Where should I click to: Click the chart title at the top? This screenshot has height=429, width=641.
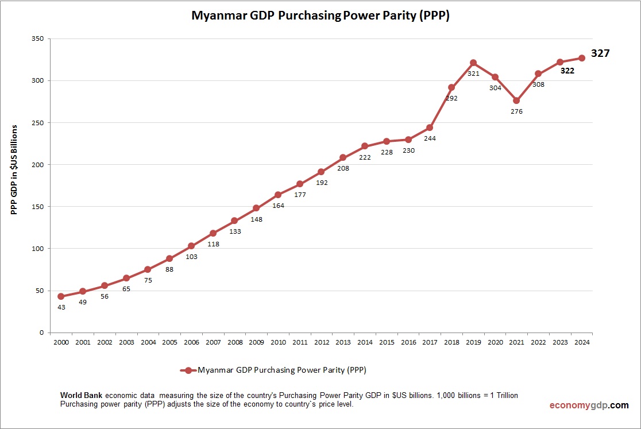point(320,16)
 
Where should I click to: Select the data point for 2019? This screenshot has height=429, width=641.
point(473,63)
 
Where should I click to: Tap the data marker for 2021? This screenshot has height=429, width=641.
point(516,101)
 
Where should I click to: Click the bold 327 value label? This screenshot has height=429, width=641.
point(600,53)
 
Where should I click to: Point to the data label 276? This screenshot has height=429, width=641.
point(516,111)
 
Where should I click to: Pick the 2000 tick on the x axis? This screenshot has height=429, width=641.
point(61,342)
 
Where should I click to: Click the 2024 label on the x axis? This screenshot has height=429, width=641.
point(581,342)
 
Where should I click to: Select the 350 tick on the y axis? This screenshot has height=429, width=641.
point(38,38)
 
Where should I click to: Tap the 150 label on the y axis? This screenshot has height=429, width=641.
point(38,207)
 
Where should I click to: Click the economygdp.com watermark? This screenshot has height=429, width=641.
point(588,405)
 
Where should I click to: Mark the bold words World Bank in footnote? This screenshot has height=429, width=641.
point(82,396)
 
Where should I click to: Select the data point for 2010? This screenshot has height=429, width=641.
point(278,195)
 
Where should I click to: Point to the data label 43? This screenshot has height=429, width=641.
point(61,307)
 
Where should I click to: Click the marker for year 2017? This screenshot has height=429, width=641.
point(430,127)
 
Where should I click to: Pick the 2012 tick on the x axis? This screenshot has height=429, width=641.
point(321,342)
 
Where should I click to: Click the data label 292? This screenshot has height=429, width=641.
point(451,98)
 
